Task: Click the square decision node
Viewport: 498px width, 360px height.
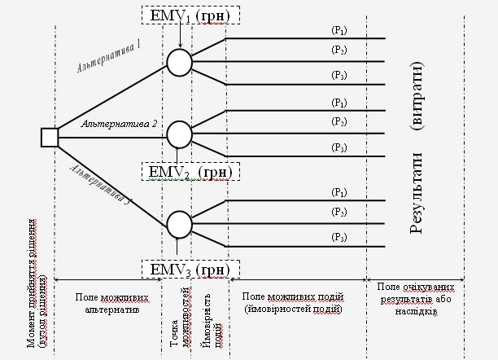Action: pos(50,137)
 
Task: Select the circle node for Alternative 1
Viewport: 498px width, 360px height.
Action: pos(179,61)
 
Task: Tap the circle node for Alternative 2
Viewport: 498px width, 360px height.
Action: pos(179,134)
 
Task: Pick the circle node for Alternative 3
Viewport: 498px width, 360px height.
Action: pos(179,223)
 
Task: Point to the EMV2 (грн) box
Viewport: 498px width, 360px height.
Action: pos(190,172)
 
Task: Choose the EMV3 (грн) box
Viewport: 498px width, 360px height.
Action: pos(190,269)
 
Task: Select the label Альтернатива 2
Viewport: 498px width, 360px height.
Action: pos(119,124)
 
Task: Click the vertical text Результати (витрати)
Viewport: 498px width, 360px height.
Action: pos(417,147)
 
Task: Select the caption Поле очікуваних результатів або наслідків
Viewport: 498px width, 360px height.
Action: pos(414,299)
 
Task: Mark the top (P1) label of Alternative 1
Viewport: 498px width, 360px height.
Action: pos(339,30)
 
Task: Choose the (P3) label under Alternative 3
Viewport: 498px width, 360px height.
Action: pos(339,236)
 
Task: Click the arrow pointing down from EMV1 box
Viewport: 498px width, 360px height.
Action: pos(179,37)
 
